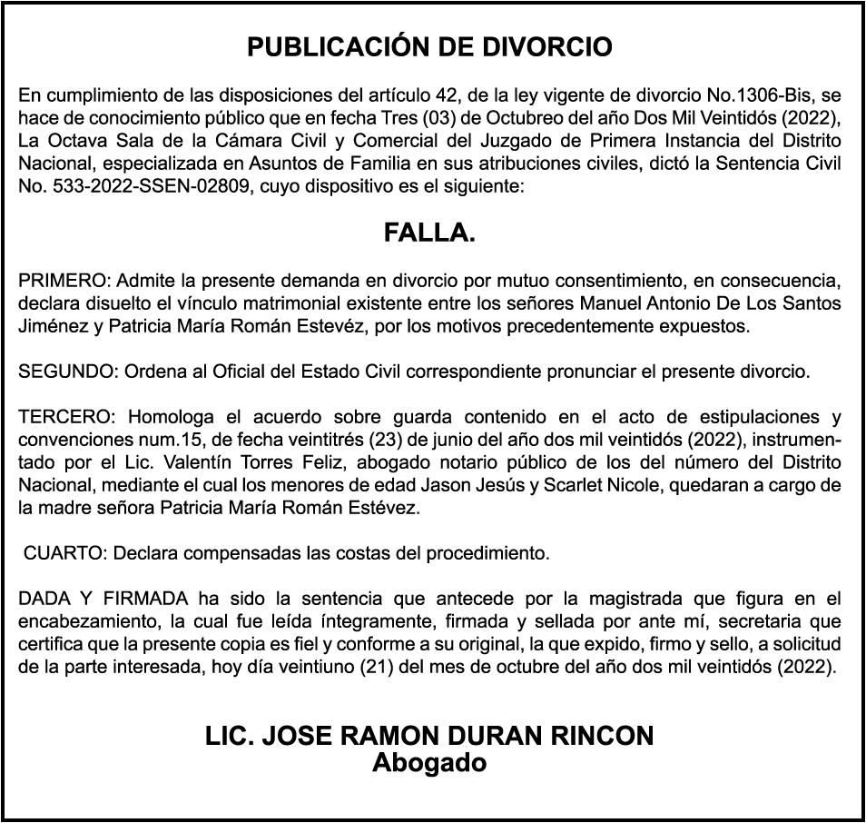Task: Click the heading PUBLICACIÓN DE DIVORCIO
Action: coord(429,47)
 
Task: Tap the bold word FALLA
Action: coord(429,233)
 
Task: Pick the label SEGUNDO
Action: coord(68,372)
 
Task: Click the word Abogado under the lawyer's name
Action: coord(429,763)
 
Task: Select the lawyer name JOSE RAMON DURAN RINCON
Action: coord(458,737)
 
